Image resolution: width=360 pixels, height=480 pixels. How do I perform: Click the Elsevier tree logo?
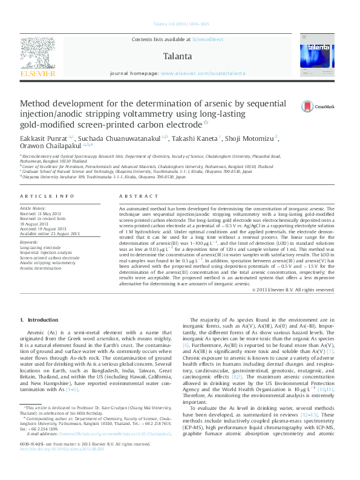40,56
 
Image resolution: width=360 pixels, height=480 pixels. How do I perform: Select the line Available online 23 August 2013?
50,233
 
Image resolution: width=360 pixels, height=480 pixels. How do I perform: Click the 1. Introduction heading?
39,319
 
